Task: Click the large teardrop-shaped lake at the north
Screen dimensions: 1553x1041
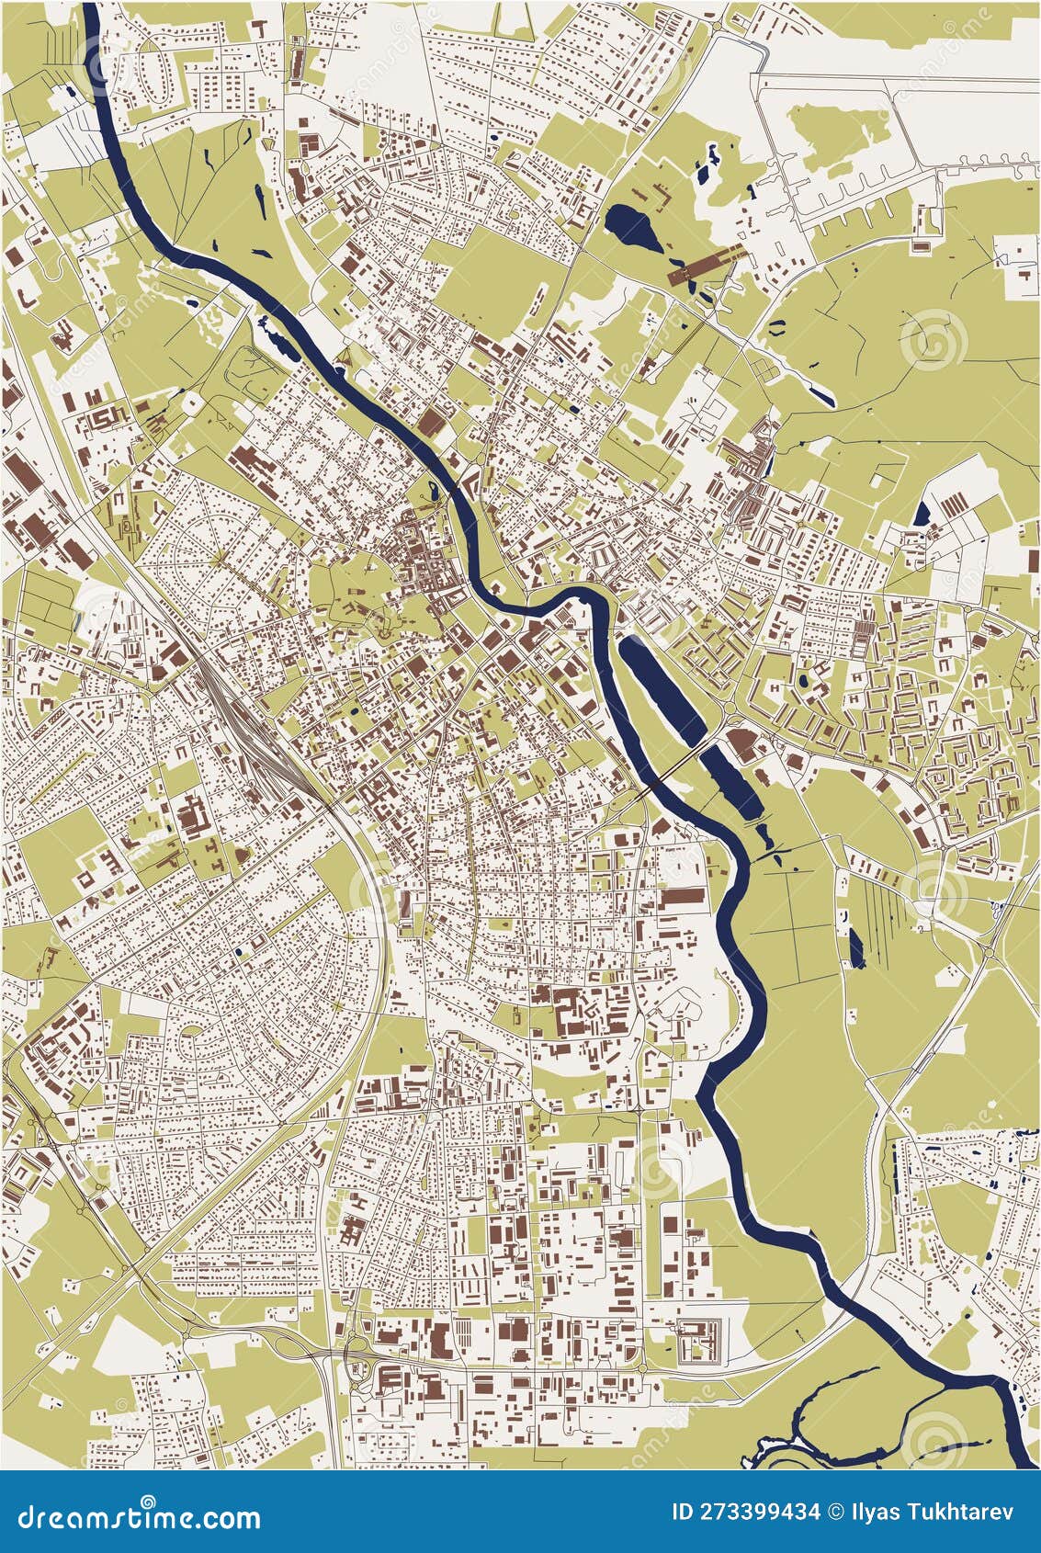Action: [x=635, y=227]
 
